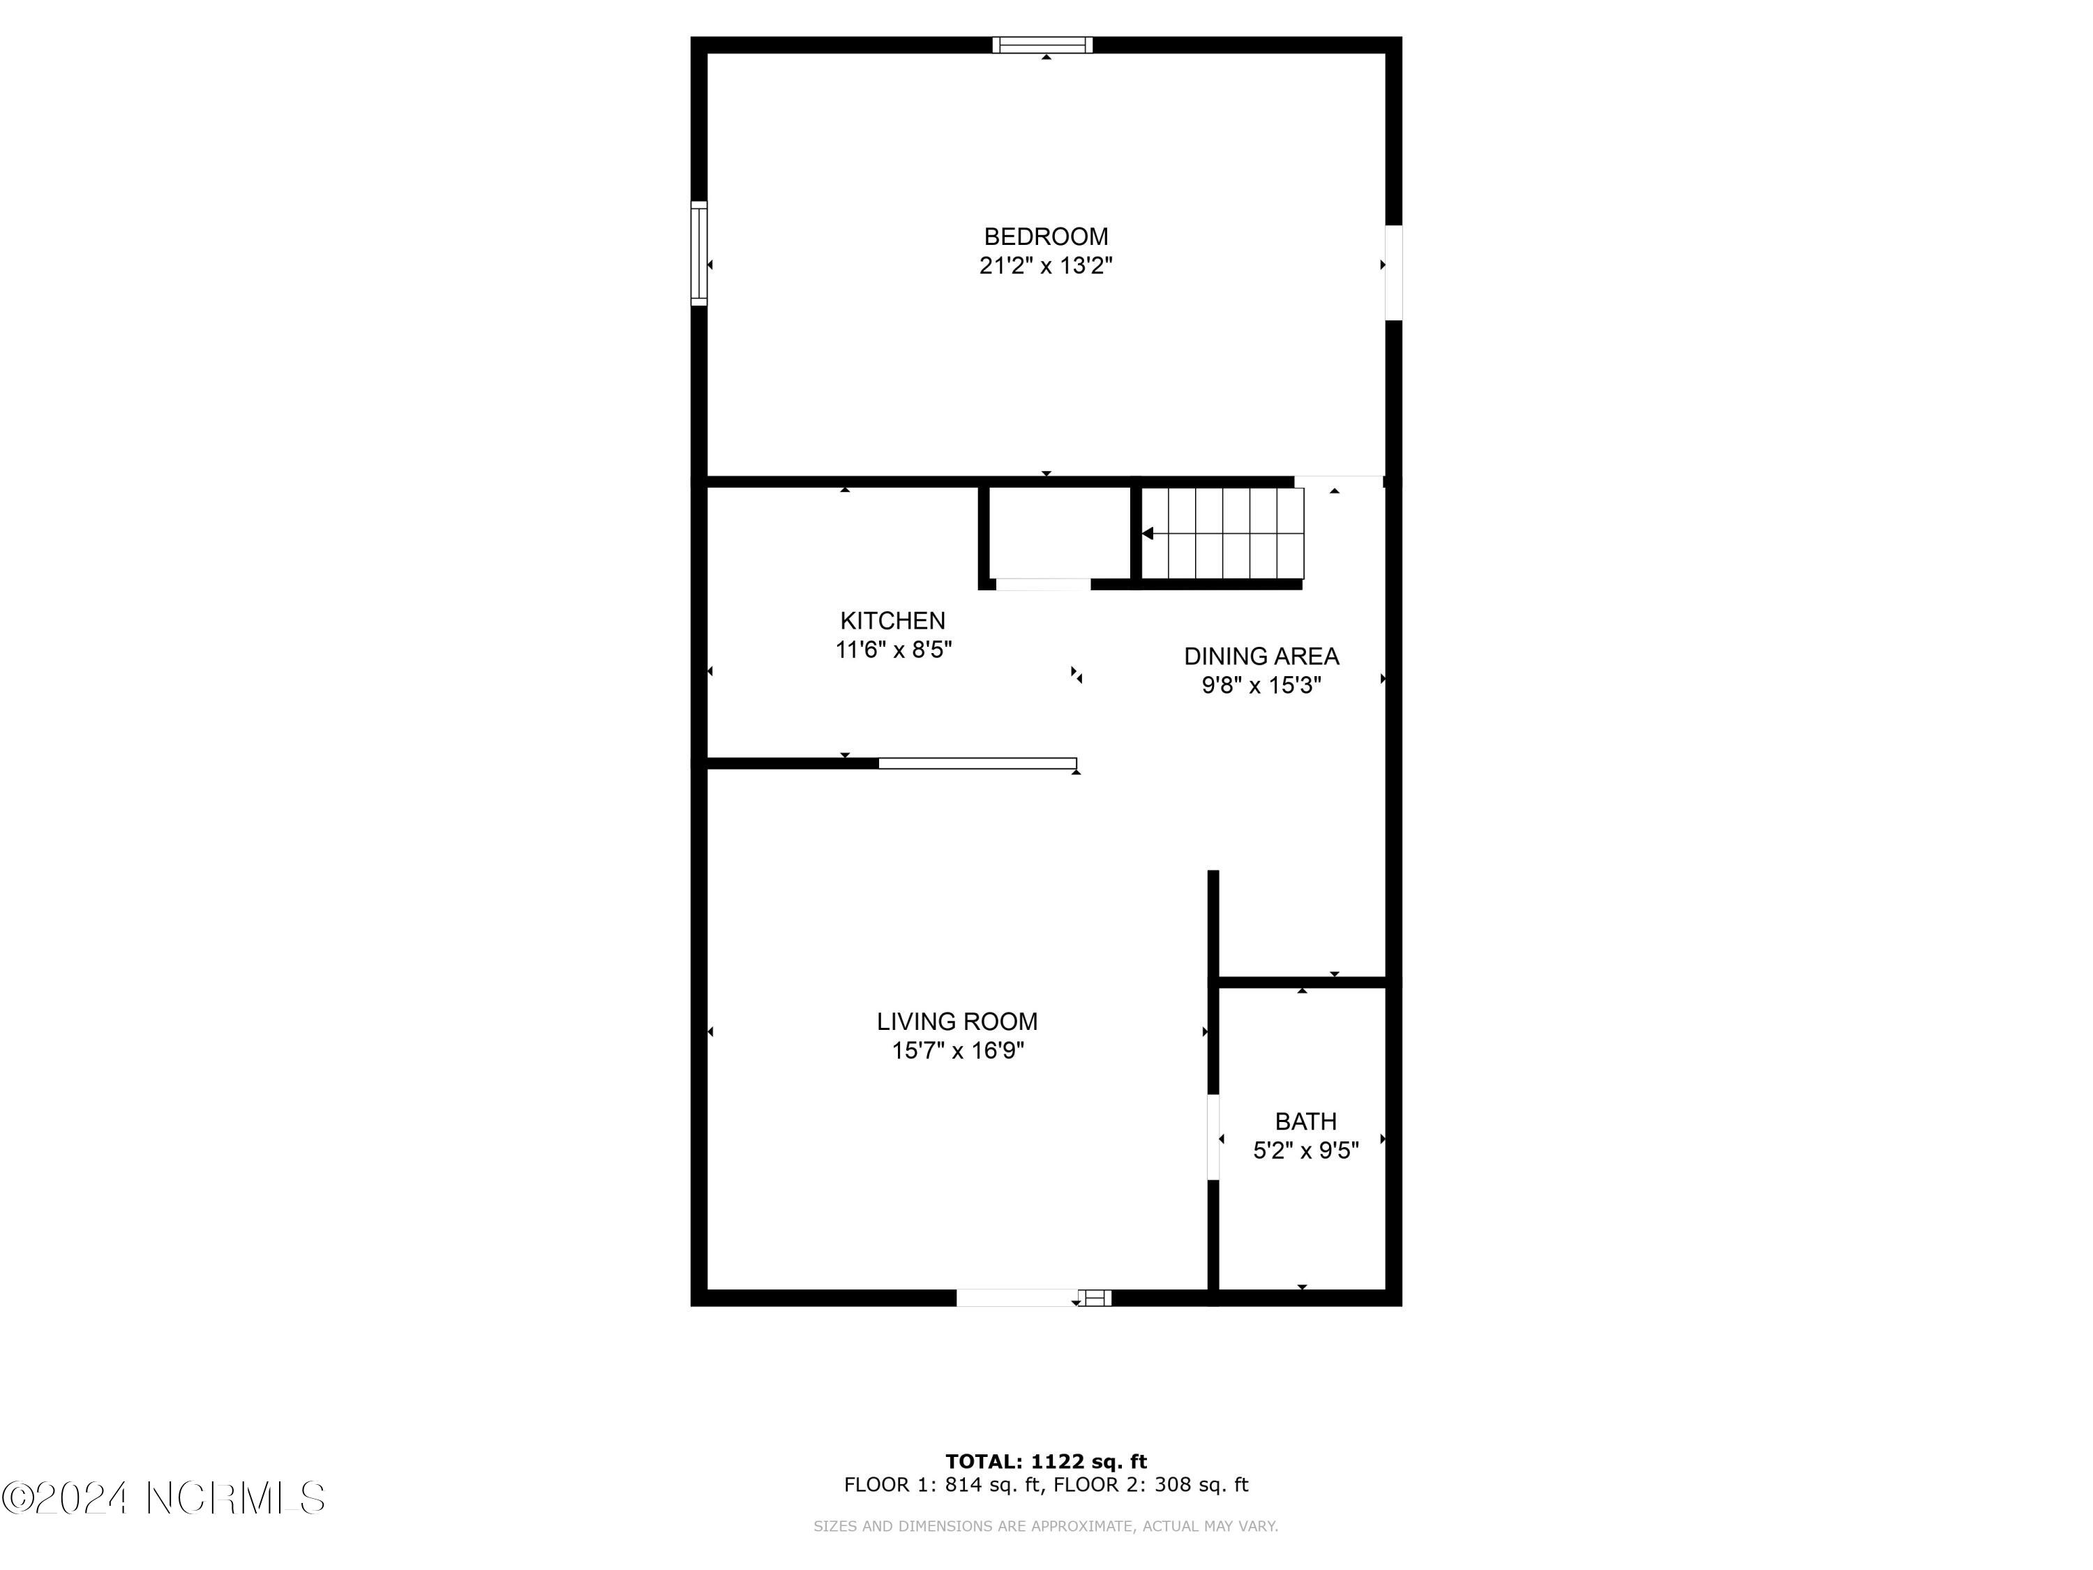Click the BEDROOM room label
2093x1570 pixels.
1046,237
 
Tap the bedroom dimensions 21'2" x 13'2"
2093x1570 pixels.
1046,266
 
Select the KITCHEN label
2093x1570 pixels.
892,621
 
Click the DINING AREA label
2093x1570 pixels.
1261,656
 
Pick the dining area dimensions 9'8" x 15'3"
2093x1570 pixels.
1261,685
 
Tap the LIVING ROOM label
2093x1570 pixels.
957,1021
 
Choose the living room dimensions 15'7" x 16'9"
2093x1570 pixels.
958,1050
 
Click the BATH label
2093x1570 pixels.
1306,1121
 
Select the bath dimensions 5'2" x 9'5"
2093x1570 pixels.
1306,1151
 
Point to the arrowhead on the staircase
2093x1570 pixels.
1147,534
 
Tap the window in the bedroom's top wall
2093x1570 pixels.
1042,45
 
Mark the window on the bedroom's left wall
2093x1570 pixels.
698,253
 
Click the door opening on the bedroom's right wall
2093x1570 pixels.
1393,273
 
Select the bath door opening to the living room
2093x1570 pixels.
1213,1137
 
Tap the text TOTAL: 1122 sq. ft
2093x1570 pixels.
1046,1461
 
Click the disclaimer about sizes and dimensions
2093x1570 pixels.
1046,1525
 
